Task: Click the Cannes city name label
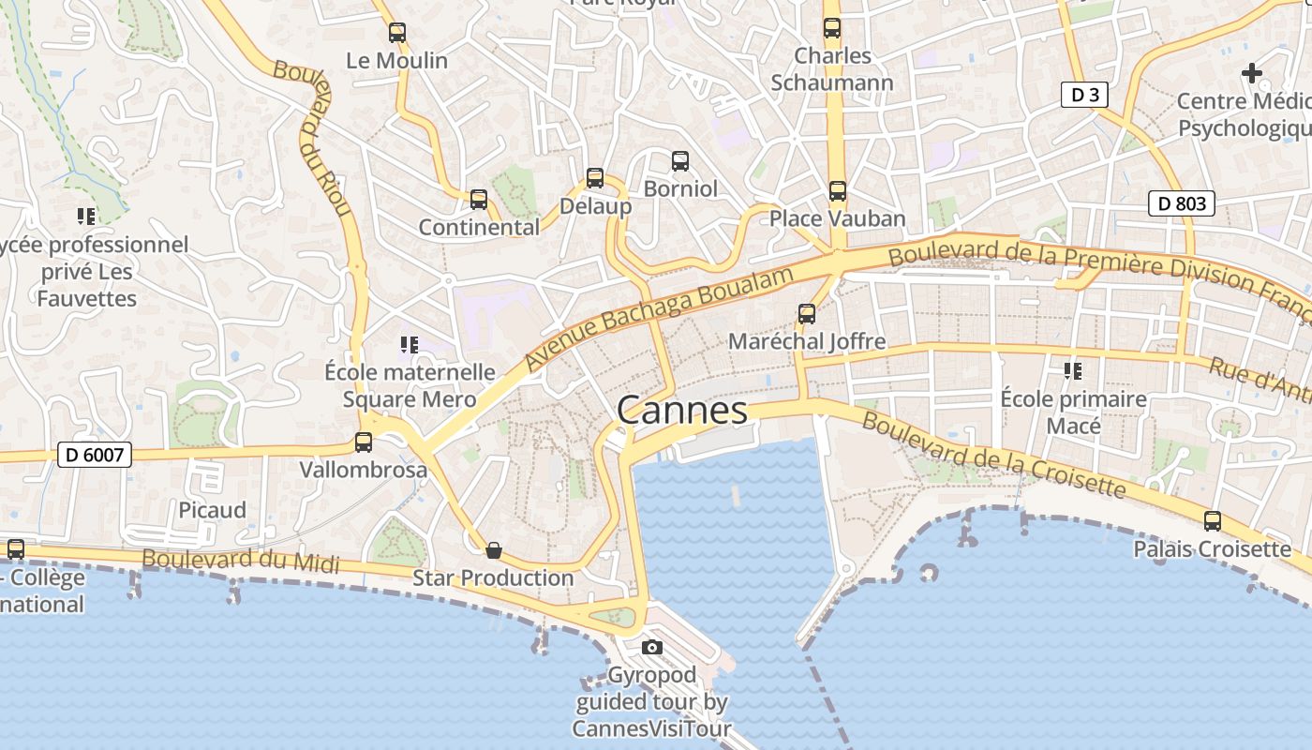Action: (682, 411)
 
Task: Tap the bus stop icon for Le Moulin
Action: (397, 33)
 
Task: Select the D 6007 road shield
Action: (95, 456)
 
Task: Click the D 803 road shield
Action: (1181, 203)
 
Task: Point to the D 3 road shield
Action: (1085, 94)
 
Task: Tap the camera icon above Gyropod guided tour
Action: (652, 647)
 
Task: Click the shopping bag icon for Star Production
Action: (494, 550)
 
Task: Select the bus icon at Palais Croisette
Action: (1212, 521)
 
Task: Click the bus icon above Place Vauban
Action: (837, 191)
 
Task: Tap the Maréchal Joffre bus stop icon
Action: (807, 314)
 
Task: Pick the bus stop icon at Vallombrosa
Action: (364, 442)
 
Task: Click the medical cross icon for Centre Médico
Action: (1251, 72)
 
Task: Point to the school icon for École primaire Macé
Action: (1073, 371)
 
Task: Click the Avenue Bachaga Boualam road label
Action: (659, 316)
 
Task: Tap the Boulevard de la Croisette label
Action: (993, 456)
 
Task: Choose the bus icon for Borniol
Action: (680, 161)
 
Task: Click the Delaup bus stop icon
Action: (595, 178)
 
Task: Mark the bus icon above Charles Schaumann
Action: (832, 28)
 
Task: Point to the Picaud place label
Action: (213, 510)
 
